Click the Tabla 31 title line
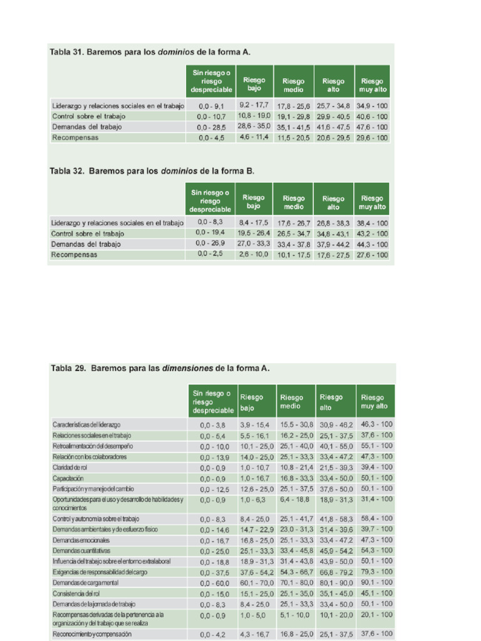point(150,52)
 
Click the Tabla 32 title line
point(152,170)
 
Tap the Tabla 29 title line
point(160,369)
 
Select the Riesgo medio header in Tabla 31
point(293,85)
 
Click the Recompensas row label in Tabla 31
point(75,137)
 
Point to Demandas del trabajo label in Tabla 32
point(86,244)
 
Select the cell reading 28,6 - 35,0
point(254,126)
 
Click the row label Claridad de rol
point(70,468)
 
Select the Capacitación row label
point(68,478)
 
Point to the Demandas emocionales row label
point(81,540)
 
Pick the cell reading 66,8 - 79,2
point(336,572)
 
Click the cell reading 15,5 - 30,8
point(296,424)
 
